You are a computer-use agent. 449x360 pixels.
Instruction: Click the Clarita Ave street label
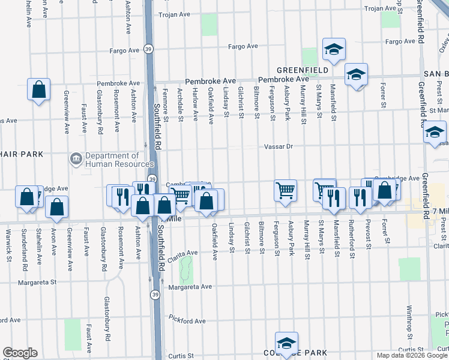tap(183, 253)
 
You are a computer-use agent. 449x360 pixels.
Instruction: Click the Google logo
tap(20, 353)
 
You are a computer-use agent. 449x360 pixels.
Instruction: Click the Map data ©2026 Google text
tap(411, 355)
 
